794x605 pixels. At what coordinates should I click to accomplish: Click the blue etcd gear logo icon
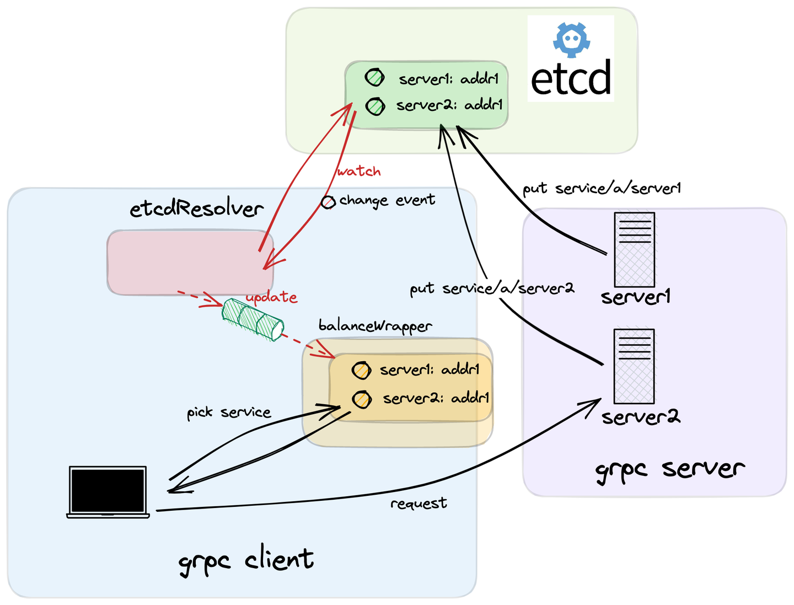pyautogui.click(x=571, y=40)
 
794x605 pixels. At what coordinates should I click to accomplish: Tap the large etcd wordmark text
pyautogui.click(x=571, y=78)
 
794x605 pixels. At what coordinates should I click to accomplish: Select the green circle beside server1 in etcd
pyautogui.click(x=375, y=78)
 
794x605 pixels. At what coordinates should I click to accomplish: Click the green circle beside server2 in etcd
pyautogui.click(x=375, y=106)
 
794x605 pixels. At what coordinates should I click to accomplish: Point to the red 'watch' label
pyautogui.click(x=359, y=172)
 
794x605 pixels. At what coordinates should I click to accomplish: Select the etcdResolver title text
pyautogui.click(x=196, y=209)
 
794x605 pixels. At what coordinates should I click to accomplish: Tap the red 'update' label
pyautogui.click(x=271, y=297)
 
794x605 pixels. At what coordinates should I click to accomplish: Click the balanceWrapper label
pyautogui.click(x=375, y=326)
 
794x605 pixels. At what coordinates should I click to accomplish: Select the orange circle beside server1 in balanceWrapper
pyautogui.click(x=361, y=370)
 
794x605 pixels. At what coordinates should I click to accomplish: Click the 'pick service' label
pyautogui.click(x=229, y=413)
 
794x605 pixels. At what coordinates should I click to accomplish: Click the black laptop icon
pyautogui.click(x=108, y=492)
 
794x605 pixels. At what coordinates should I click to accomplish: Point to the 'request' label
pyautogui.click(x=419, y=504)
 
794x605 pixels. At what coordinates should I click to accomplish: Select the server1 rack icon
pyautogui.click(x=634, y=249)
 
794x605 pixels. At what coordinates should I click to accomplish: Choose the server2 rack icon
pyautogui.click(x=634, y=366)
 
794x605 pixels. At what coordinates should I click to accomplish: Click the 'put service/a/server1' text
pyautogui.click(x=602, y=189)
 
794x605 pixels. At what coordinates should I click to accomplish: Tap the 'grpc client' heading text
pyautogui.click(x=246, y=560)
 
